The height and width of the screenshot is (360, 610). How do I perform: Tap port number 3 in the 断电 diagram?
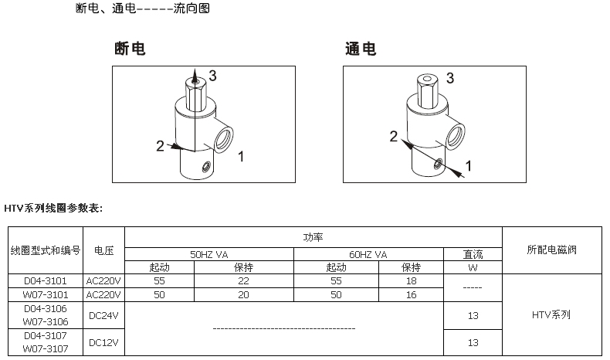click(212, 76)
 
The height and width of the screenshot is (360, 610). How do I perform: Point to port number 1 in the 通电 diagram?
click(466, 165)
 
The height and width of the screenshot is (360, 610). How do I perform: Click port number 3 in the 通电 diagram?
click(449, 77)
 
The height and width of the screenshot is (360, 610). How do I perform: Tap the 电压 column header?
click(103, 250)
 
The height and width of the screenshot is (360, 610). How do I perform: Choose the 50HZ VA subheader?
click(208, 253)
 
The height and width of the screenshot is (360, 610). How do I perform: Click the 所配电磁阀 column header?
click(552, 250)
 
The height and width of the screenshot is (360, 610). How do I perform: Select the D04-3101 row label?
click(45, 281)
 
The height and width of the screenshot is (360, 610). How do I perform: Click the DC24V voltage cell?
click(103, 314)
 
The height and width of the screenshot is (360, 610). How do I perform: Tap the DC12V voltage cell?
click(103, 342)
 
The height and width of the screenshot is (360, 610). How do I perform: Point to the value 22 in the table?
click(243, 281)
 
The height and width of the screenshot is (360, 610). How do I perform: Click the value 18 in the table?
click(411, 281)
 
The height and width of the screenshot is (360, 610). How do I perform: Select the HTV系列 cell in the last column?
click(552, 315)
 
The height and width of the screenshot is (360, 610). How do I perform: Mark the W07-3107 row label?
click(45, 348)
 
